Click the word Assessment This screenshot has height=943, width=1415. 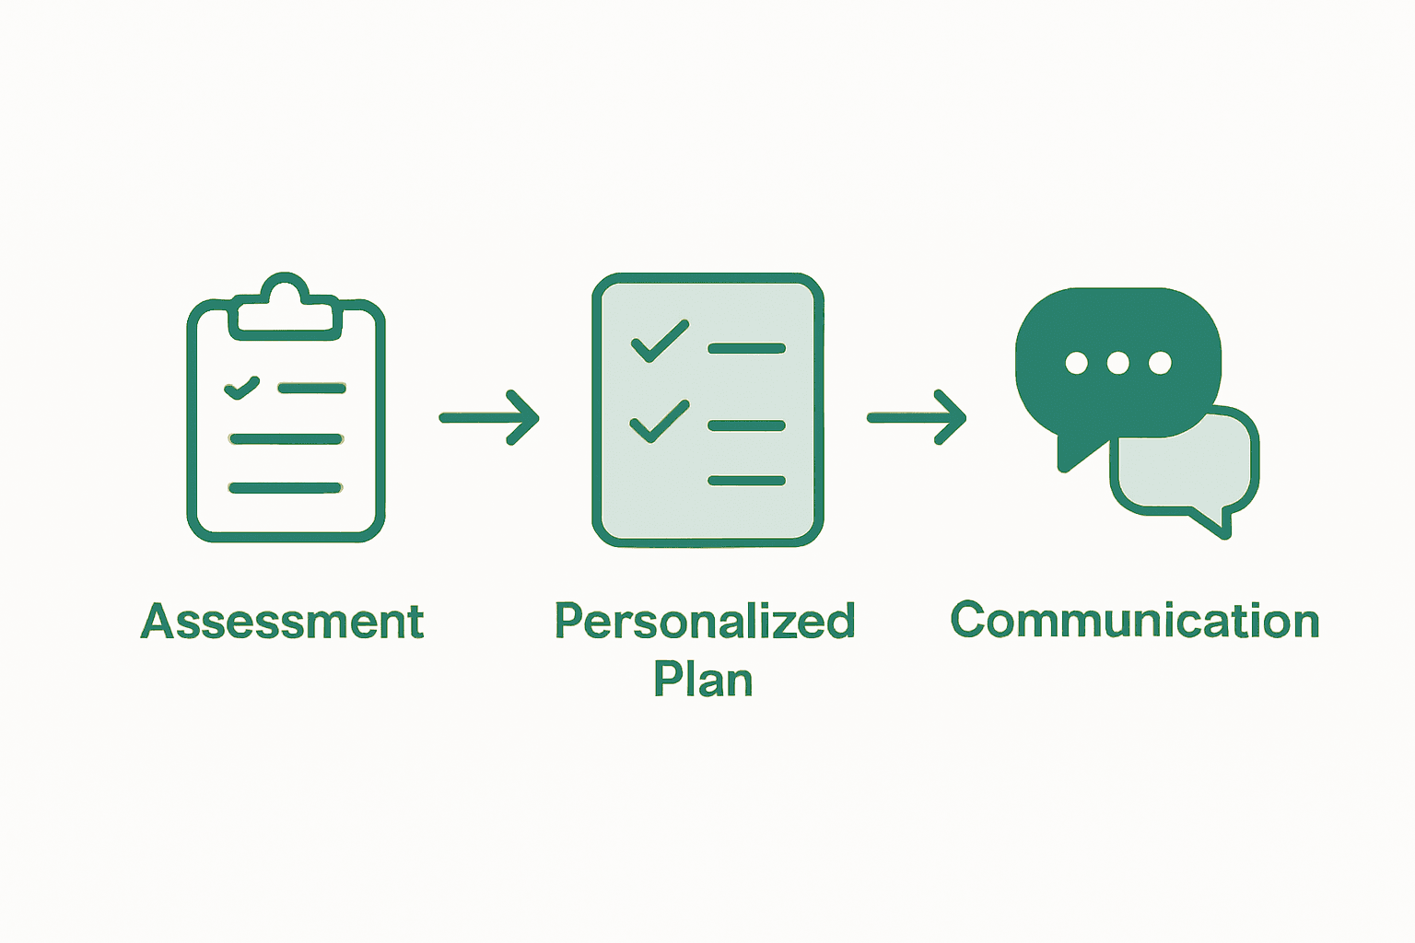tap(282, 622)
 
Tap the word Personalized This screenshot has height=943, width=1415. tap(705, 622)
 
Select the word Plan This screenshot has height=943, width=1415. tap(703, 680)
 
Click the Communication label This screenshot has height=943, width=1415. tap(1134, 621)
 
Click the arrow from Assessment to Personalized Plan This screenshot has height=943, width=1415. tap(489, 418)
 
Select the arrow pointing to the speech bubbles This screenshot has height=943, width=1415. tap(917, 418)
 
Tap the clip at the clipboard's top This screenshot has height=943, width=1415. tap(285, 304)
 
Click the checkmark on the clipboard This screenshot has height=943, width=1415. tap(241, 388)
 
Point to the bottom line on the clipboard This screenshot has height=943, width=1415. tap(286, 487)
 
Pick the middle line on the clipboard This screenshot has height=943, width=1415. tap(287, 439)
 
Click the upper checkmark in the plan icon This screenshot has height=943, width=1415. tap(660, 341)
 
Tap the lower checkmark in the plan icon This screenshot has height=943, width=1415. tap(660, 422)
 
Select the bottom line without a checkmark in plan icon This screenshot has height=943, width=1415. tap(746, 481)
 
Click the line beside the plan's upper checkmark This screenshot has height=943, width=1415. tap(746, 348)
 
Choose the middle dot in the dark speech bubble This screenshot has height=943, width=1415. tap(1117, 363)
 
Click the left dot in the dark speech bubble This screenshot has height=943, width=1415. tap(1076, 363)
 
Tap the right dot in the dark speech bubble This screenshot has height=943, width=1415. tap(1160, 363)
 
